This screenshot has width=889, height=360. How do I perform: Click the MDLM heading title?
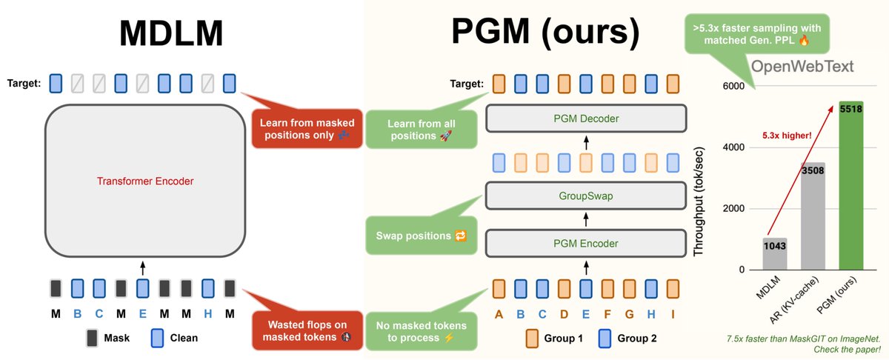pos(171,33)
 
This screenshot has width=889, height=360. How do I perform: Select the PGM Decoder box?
pos(586,119)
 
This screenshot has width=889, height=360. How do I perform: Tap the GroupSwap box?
pos(586,196)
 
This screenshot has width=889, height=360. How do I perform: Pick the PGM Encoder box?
pos(586,243)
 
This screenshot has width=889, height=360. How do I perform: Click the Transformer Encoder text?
pos(145,181)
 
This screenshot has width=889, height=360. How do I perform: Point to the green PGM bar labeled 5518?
pos(851,185)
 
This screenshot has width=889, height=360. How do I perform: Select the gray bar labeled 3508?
pos(813,216)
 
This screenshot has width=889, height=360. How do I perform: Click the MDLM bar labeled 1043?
pos(775,253)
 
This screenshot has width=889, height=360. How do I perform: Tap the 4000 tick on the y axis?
pos(733,147)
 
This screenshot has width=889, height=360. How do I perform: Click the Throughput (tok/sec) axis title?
pos(699,201)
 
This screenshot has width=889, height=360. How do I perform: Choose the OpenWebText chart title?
pos(802,66)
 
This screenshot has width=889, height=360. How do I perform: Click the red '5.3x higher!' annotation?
pos(787,136)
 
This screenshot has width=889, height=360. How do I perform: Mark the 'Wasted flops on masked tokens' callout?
pos(307,330)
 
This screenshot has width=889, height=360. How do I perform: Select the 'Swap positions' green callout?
pos(421,236)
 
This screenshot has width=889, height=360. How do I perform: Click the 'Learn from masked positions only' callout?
pos(307,129)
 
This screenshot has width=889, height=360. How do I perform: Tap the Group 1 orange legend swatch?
pos(532,339)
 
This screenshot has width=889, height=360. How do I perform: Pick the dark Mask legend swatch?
pos(92,339)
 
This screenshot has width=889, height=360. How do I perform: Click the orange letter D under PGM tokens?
pos(564,314)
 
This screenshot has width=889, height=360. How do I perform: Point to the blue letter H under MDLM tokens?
pos(207,314)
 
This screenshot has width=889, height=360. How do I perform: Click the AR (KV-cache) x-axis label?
pos(793,300)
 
